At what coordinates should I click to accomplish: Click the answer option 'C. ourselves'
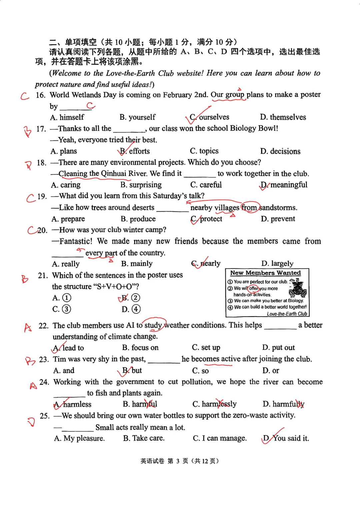click(x=209, y=117)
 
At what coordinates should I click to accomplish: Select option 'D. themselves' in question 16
click(x=283, y=117)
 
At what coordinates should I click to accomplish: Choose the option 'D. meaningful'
click(x=284, y=185)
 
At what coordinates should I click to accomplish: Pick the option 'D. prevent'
click(x=278, y=219)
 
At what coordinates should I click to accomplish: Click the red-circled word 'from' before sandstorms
click(x=249, y=208)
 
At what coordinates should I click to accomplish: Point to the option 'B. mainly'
click(x=137, y=264)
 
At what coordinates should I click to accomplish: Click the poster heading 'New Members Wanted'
click(x=265, y=273)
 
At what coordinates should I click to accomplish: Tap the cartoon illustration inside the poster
click(x=297, y=288)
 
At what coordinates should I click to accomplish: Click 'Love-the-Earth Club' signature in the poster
click(x=287, y=314)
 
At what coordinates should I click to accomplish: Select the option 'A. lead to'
click(x=69, y=348)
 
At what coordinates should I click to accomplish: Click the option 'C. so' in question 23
click(x=200, y=371)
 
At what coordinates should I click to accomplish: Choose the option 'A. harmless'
click(x=72, y=404)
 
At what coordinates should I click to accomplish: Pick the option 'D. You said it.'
click(x=286, y=438)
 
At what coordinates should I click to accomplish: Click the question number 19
click(x=42, y=196)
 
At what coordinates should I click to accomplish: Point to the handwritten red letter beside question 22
click(x=28, y=328)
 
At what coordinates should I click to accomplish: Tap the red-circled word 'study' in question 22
click(x=153, y=325)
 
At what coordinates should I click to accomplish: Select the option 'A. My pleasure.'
click(x=79, y=438)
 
